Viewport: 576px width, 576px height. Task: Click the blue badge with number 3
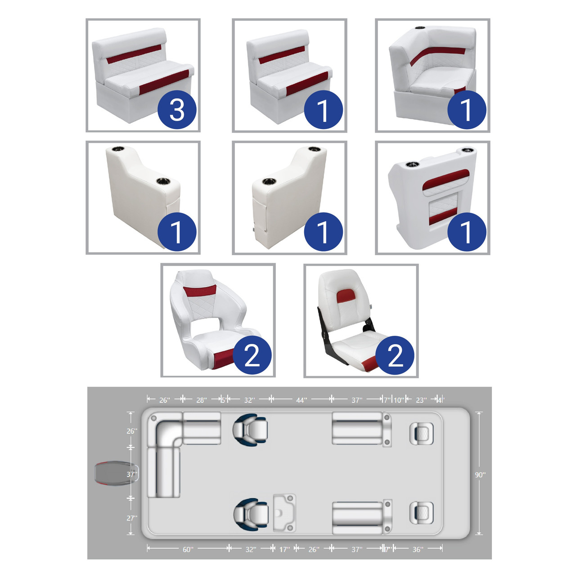point(177,109)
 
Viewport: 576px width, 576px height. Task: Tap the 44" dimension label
point(301,400)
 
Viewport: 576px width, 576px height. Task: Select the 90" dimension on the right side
point(480,475)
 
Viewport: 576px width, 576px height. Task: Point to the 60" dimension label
point(188,549)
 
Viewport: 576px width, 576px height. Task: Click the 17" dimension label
point(284,549)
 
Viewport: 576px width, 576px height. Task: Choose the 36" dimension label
point(418,549)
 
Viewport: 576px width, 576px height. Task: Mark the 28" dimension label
point(202,400)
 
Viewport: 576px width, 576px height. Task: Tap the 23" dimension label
point(421,400)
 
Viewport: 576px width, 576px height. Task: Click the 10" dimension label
point(399,400)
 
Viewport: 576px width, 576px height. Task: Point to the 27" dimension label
point(132,518)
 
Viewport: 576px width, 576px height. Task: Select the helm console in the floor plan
point(284,513)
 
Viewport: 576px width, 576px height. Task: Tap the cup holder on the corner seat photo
point(420,28)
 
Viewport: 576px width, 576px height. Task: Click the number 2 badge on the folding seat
point(395,355)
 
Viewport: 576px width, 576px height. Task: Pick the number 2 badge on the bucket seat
point(252,355)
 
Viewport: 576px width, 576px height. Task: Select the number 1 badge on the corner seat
point(467,109)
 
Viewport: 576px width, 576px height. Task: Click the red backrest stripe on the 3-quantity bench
point(134,54)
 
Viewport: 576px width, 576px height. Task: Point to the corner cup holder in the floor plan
point(154,418)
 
